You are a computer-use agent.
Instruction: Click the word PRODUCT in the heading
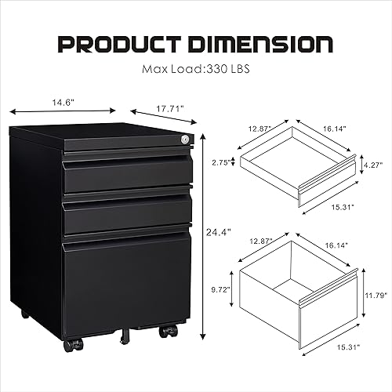coord(125,43)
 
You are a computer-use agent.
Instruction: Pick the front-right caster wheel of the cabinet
coord(168,331)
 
